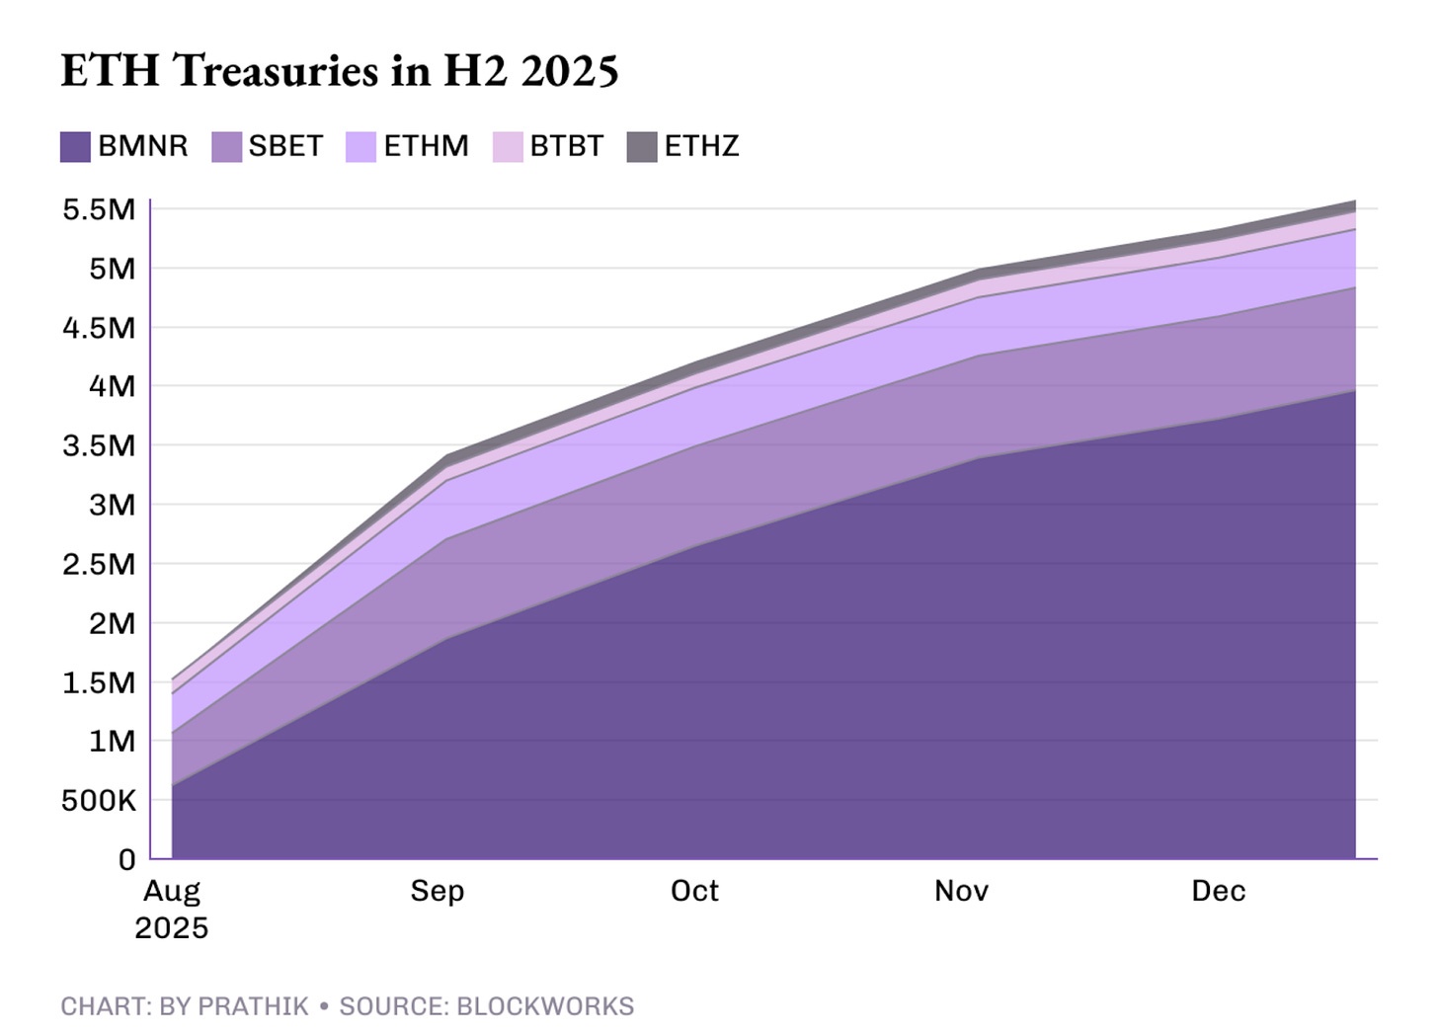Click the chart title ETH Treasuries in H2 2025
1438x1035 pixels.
pyautogui.click(x=340, y=71)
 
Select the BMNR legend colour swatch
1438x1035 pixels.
pyautogui.click(x=75, y=147)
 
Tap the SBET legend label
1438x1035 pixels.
pyautogui.click(x=285, y=146)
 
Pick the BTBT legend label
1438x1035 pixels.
pyautogui.click(x=566, y=146)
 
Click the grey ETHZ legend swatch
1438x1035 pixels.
pyautogui.click(x=642, y=147)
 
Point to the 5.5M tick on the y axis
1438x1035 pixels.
pyautogui.click(x=99, y=209)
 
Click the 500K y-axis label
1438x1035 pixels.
pyautogui.click(x=99, y=801)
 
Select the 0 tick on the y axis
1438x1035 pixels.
pyautogui.click(x=126, y=860)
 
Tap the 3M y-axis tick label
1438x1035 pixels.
pyautogui.click(x=112, y=505)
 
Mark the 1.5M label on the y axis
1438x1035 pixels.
pyautogui.click(x=99, y=682)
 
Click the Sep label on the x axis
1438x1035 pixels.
pyautogui.click(x=438, y=891)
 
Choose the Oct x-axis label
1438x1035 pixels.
pyautogui.click(x=694, y=891)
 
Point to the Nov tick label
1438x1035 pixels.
pyautogui.click(x=961, y=891)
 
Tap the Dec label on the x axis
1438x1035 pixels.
pyautogui.click(x=1218, y=891)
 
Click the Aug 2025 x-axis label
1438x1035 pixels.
pyautogui.click(x=172, y=909)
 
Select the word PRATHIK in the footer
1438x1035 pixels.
pyautogui.click(x=253, y=1006)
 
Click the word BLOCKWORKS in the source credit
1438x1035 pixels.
pyautogui.click(x=544, y=1006)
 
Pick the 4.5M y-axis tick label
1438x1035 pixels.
pyautogui.click(x=99, y=328)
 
